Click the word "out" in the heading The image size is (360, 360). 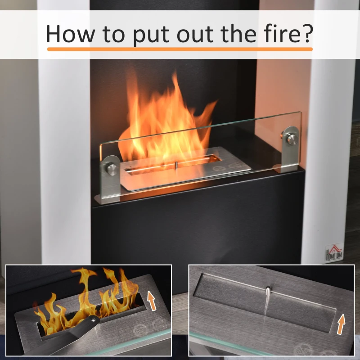click(195, 35)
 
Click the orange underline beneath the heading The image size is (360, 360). click(180, 49)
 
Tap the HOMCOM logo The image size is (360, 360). click(334, 252)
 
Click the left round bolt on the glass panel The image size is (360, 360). click(112, 169)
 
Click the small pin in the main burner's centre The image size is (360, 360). click(176, 165)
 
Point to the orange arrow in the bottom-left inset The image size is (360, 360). click(151, 301)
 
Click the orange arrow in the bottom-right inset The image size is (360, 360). click(341, 324)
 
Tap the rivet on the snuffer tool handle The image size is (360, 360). click(93, 320)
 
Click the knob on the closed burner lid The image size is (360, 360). click(268, 291)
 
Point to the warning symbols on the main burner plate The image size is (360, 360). click(227, 166)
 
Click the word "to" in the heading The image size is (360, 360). click(114, 34)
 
